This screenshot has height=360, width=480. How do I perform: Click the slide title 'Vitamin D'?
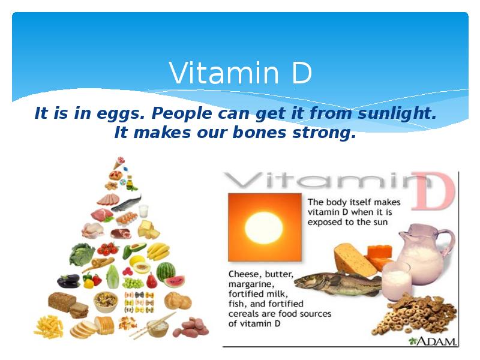(240, 73)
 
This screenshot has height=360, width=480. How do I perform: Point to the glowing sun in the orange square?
(264, 227)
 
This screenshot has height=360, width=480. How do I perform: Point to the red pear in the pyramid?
(152, 280)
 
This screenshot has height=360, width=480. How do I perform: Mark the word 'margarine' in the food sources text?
(251, 284)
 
